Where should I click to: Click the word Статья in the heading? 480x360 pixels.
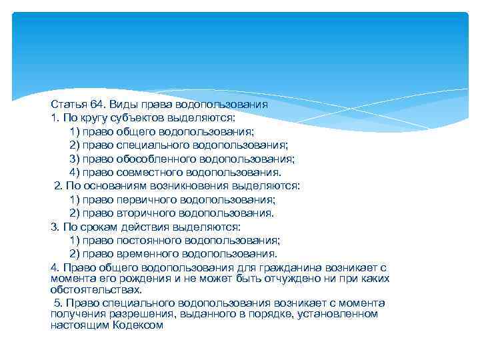click(x=65, y=105)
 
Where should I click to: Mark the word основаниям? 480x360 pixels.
click(x=112, y=186)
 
